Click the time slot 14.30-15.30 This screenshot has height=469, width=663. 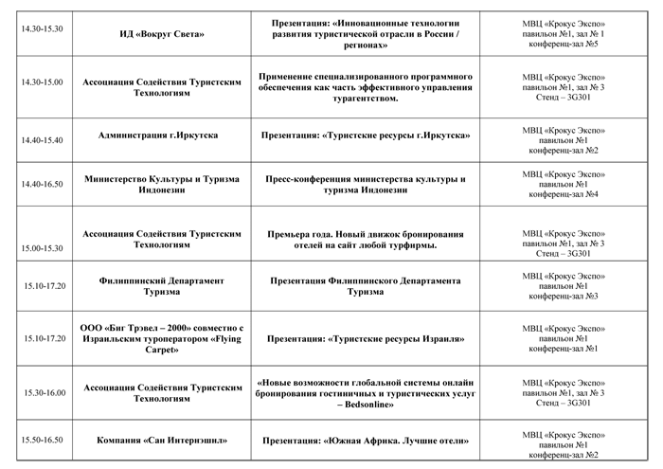point(42,28)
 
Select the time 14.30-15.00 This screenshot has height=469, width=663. point(42,82)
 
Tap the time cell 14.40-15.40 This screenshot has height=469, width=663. point(42,140)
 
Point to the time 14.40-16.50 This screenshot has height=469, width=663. point(42,184)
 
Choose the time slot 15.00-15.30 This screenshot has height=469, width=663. point(42,248)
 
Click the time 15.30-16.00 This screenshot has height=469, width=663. point(45,393)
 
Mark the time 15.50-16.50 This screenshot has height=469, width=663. point(42,440)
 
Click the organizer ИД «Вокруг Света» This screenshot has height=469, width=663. point(162,34)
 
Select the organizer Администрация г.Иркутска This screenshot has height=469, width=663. point(158,135)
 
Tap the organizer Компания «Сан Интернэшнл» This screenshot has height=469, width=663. point(162,441)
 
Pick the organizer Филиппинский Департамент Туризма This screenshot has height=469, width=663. point(162,286)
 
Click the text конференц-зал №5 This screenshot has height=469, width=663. point(564,44)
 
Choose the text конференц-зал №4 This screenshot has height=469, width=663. point(564,194)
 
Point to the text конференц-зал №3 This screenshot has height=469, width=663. point(564,296)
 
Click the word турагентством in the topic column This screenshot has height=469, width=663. point(366,99)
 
